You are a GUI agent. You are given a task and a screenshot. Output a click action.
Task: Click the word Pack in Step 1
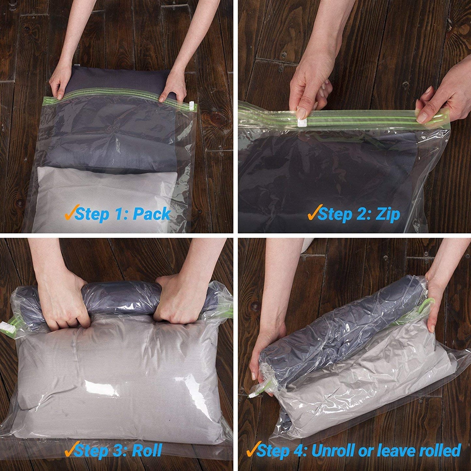pyautogui.click(x=152, y=214)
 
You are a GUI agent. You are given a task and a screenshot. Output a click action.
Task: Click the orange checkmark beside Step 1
pyautogui.click(x=70, y=213)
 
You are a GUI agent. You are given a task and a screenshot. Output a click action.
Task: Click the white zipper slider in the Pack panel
pyautogui.click(x=191, y=105)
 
